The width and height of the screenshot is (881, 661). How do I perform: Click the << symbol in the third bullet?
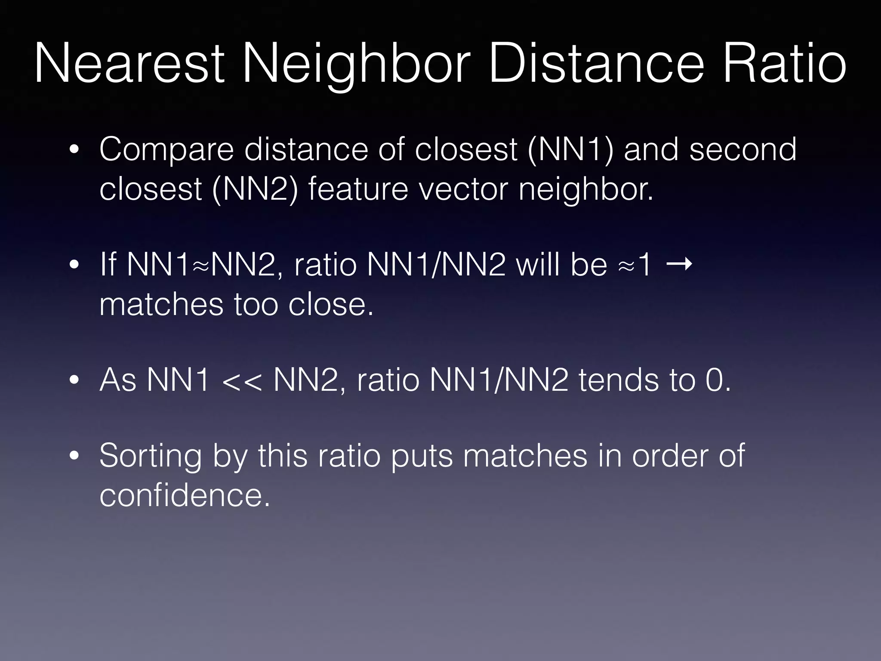pyautogui.click(x=242, y=381)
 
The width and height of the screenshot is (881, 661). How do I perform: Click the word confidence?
pyautogui.click(x=185, y=494)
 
